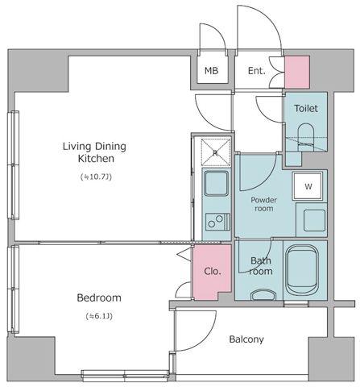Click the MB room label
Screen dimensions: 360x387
(211, 71)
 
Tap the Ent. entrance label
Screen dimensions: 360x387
(257, 71)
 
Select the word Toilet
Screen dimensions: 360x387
(306, 108)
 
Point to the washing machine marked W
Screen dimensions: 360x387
(308, 186)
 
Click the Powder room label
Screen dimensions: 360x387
(263, 204)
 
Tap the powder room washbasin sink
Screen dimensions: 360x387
(314, 220)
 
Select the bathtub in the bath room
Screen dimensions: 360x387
(302, 270)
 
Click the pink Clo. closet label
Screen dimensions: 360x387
(213, 271)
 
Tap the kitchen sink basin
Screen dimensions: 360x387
(217, 183)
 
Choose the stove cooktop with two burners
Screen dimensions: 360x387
(217, 222)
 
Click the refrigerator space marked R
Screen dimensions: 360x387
(216, 152)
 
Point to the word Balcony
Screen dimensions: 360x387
(246, 339)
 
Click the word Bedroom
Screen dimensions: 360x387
(99, 298)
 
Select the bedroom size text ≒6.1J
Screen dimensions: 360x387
(99, 316)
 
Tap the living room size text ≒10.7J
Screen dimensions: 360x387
(96, 177)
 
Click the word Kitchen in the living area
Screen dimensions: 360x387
(96, 159)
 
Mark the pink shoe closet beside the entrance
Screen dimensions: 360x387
(297, 72)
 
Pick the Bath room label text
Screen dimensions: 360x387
(261, 266)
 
